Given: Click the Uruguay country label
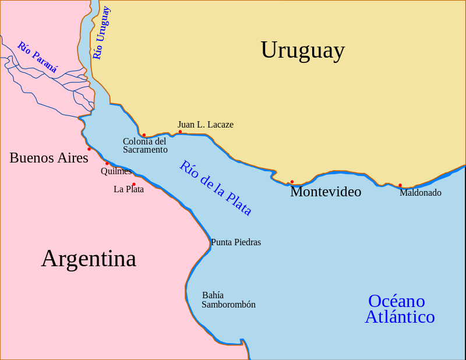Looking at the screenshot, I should click(302, 50).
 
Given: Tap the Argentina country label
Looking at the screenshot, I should click(89, 258).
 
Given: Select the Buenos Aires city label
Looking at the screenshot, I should click(49, 158).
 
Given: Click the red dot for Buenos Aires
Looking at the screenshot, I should click(89, 149).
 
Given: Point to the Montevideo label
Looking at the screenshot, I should click(326, 192).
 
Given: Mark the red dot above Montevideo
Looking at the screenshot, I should click(292, 182).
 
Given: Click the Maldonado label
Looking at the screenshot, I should click(420, 193).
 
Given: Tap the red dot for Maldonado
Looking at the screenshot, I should click(400, 185).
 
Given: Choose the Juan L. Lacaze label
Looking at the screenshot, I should click(206, 125).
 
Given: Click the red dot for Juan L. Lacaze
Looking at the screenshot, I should click(180, 132).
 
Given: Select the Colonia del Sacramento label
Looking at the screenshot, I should click(145, 146).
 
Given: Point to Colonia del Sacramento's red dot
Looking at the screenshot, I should click(144, 135).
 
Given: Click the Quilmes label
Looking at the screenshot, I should click(116, 171).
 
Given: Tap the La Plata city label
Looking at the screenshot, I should click(129, 189).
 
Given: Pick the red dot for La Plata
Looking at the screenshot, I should click(134, 184).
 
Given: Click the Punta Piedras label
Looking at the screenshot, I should click(236, 242).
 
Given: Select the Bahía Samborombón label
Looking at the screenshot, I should click(228, 300).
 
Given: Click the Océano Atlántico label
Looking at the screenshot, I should click(400, 309).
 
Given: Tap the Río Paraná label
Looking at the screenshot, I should click(37, 57).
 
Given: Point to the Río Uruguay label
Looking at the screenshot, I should click(101, 33).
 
